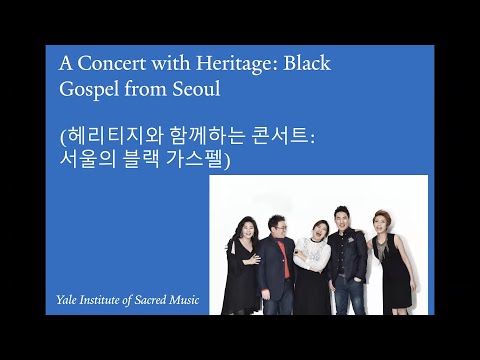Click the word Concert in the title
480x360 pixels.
coord(107,64)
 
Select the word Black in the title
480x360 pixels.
coord(307,64)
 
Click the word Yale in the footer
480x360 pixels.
coord(68,300)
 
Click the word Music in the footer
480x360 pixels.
coord(190,300)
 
